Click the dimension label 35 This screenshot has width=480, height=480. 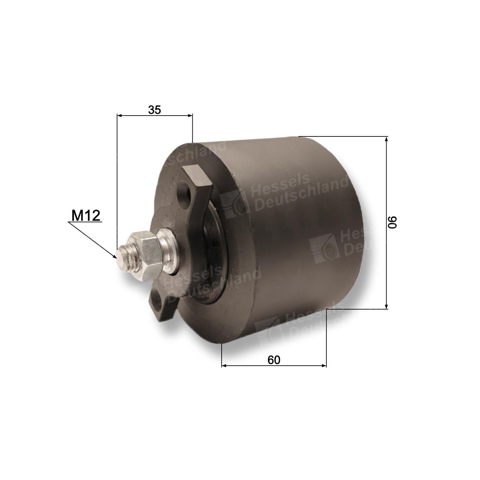pos(154,110)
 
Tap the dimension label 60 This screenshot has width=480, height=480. pos(274,360)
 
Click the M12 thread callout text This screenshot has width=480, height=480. pos(86,215)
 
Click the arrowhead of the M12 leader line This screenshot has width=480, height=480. pos(114,256)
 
